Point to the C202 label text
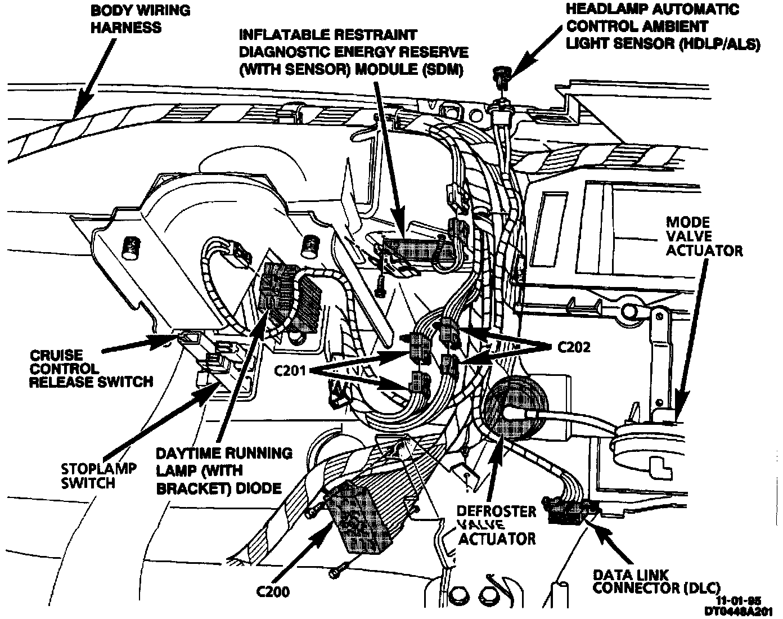574,347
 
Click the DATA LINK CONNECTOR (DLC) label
656,581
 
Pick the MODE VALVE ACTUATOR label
704,236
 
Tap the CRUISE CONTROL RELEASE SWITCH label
90,369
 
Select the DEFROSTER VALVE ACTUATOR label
496,524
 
